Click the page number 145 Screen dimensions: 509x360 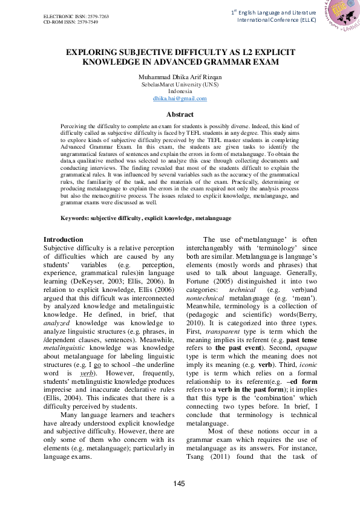point(180,482)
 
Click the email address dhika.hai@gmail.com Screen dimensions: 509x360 point(180,97)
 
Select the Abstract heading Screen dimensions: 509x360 point(180,114)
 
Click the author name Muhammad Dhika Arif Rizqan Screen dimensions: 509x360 point(180,78)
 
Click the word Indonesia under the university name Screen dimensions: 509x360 point(180,91)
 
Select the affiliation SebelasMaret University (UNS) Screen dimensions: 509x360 point(180,85)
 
